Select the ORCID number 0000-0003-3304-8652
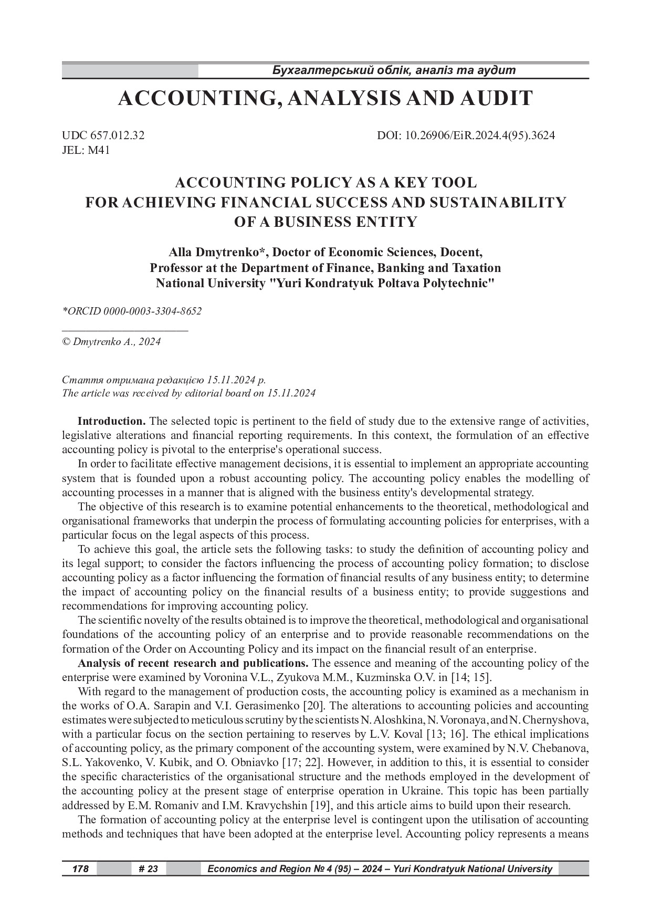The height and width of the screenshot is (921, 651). pyautogui.click(x=153, y=311)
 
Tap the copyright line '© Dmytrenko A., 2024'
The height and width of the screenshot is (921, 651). pyautogui.click(x=111, y=342)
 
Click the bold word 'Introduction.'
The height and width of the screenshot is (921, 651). pyautogui.click(x=111, y=421)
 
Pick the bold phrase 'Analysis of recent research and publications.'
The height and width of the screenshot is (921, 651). pyautogui.click(x=194, y=663)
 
